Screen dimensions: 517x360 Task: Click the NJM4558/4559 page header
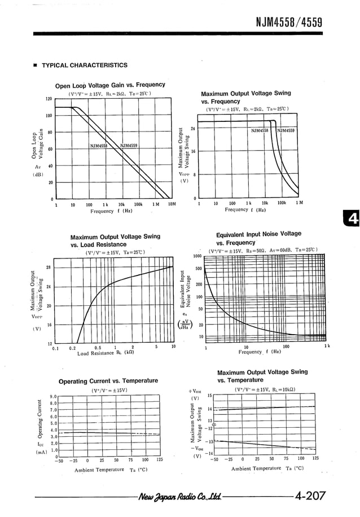click(288, 22)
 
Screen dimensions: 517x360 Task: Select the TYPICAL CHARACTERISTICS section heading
click(84, 65)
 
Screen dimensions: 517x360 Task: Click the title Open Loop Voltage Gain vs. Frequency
click(110, 85)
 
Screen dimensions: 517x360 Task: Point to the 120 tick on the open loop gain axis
click(49, 99)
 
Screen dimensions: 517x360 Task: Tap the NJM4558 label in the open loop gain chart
click(99, 146)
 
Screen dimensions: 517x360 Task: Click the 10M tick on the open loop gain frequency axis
click(172, 204)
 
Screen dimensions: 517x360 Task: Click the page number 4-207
click(310, 496)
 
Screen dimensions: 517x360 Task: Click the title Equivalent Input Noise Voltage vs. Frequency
click(258, 238)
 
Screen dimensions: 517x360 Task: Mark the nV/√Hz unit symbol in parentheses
click(185, 325)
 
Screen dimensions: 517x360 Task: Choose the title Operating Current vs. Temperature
click(108, 381)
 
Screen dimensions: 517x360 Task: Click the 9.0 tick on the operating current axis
click(53, 396)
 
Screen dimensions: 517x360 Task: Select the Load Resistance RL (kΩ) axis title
click(106, 353)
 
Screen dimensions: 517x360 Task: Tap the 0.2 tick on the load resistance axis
click(72, 348)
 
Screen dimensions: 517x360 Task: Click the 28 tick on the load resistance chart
click(49, 267)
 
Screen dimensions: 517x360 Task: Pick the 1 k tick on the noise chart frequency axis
click(327, 346)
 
